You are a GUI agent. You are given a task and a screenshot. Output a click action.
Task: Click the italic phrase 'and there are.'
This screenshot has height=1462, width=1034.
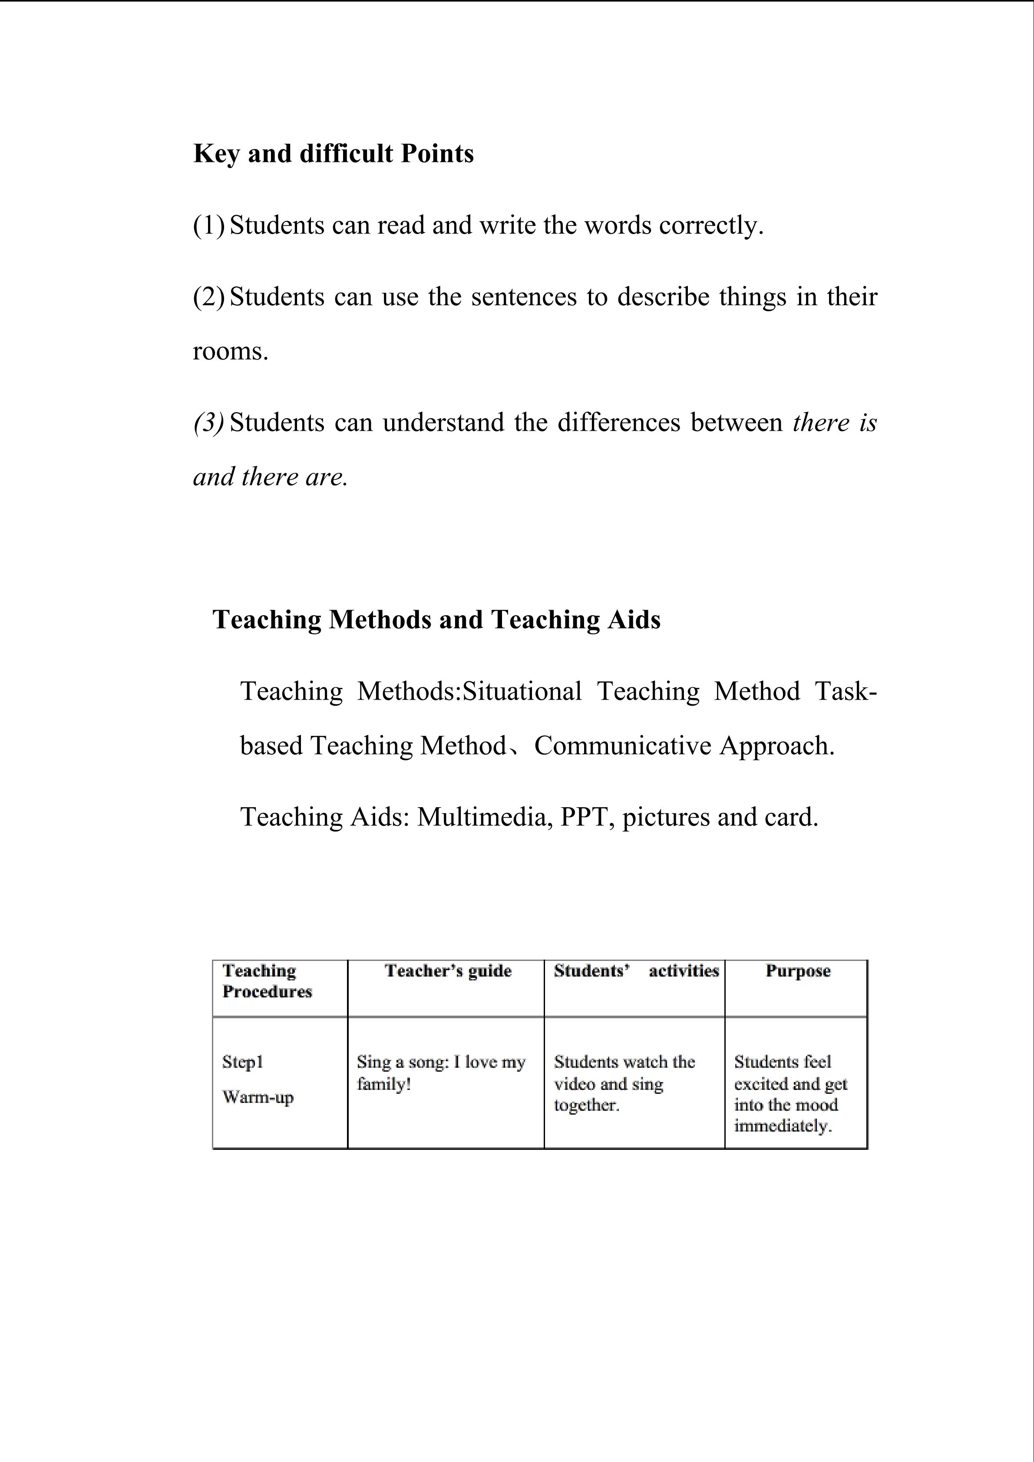(x=271, y=477)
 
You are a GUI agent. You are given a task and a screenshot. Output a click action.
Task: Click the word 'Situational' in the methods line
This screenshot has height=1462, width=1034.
(x=522, y=692)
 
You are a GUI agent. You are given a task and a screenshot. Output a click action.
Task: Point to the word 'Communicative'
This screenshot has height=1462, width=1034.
(x=622, y=746)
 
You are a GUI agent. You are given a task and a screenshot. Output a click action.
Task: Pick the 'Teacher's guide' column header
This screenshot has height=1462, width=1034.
(x=448, y=971)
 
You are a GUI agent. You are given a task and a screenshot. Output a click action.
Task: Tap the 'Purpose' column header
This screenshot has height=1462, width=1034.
(x=798, y=971)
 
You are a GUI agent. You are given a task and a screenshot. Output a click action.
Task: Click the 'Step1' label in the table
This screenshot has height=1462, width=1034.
(x=243, y=1062)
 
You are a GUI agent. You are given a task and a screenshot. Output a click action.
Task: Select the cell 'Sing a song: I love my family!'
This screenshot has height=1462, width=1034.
(x=441, y=1073)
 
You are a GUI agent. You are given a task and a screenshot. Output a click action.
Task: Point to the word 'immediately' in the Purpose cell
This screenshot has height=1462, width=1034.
(x=783, y=1126)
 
